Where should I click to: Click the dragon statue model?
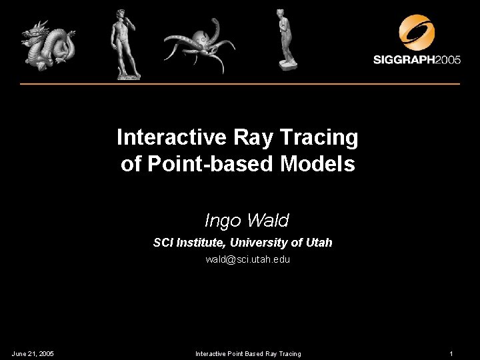pos(46,44)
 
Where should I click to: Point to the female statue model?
pos(285,40)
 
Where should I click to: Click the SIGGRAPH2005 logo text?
pos(416,60)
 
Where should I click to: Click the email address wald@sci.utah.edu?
pos(247,259)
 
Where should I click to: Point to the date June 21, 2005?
pos(33,353)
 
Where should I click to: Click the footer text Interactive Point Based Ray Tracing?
pos(247,353)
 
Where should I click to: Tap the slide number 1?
pos(451,353)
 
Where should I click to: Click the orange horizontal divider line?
pos(240,84)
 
